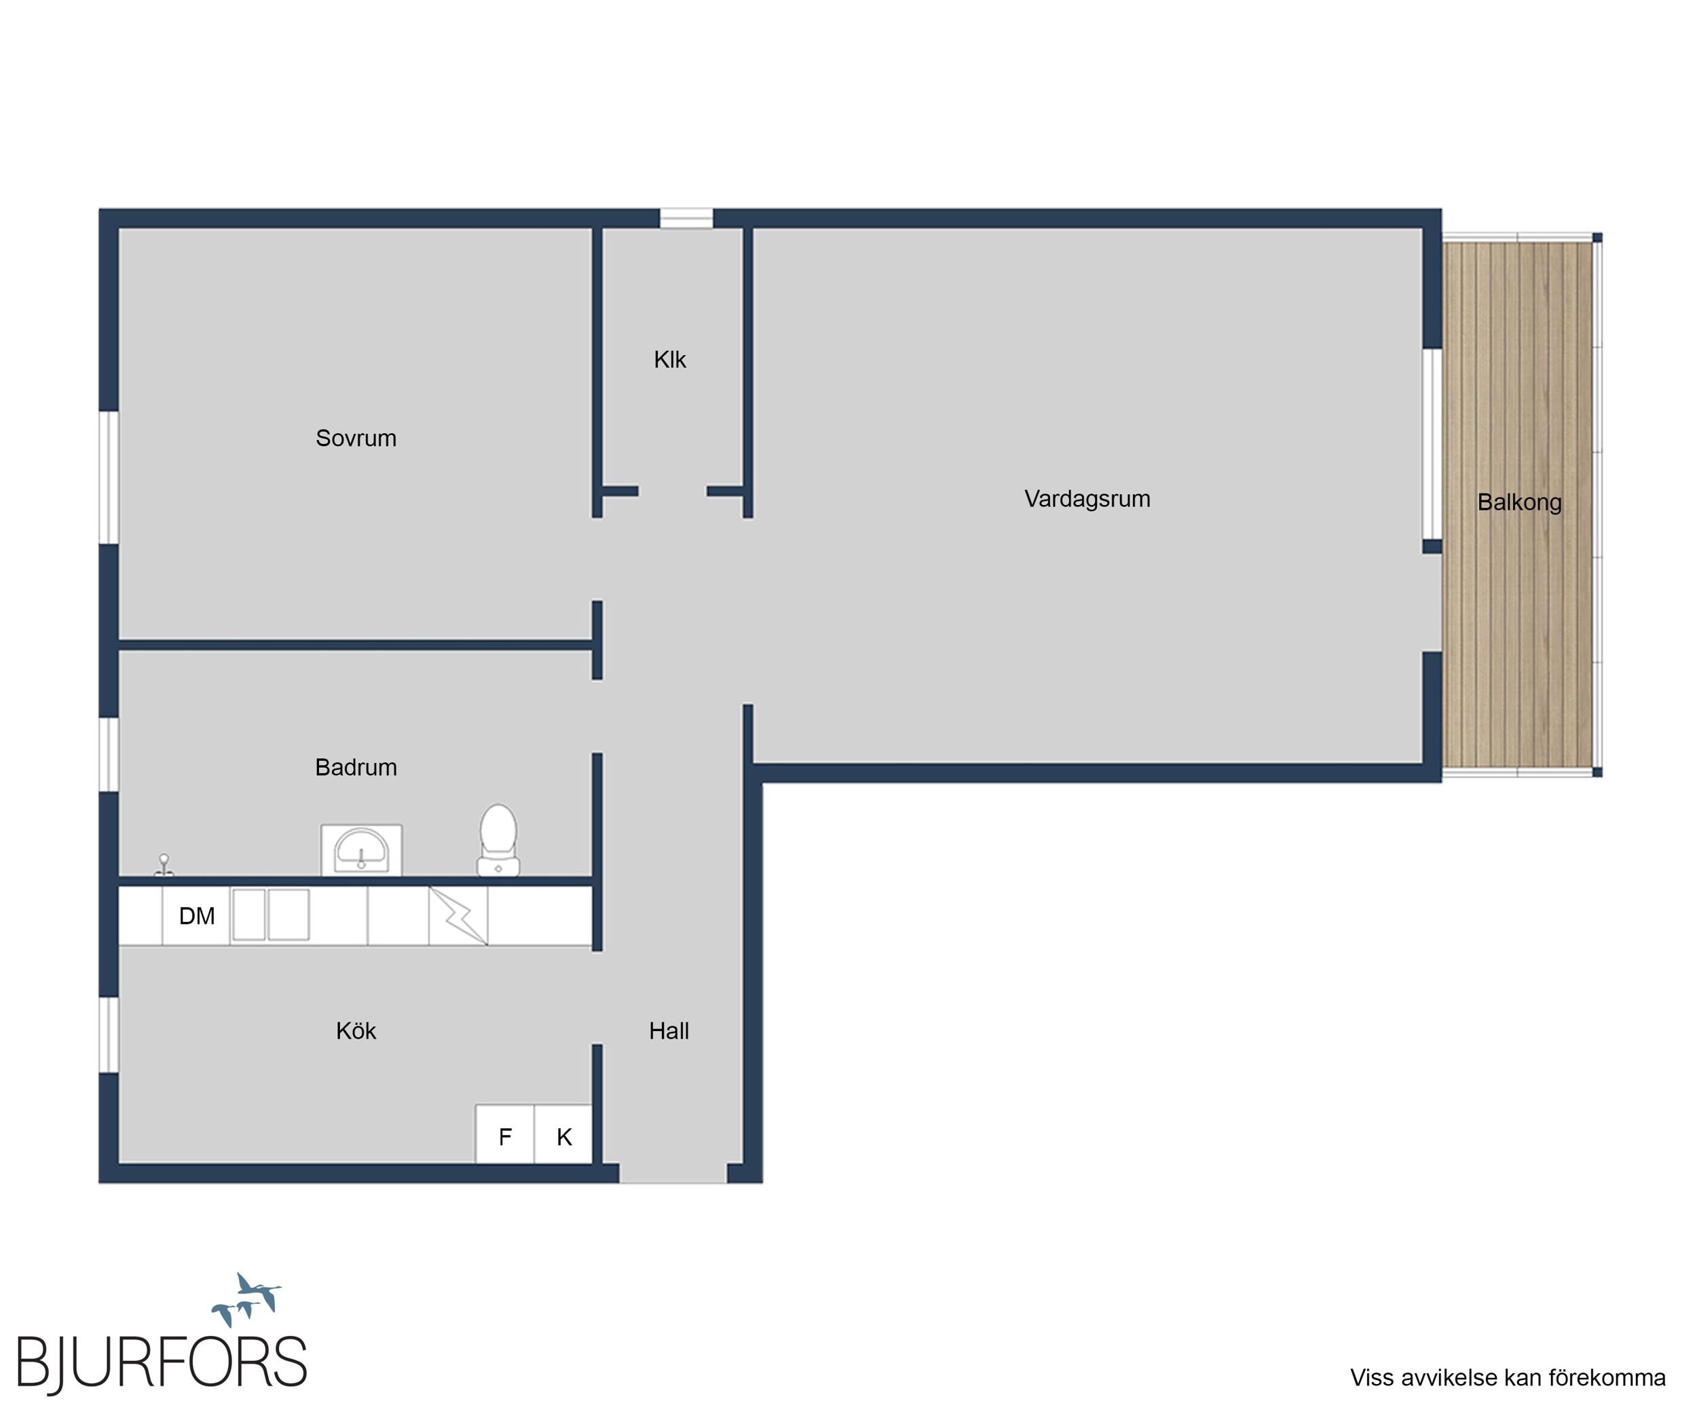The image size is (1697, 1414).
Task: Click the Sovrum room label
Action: (x=356, y=438)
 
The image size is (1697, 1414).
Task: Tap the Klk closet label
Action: (x=670, y=360)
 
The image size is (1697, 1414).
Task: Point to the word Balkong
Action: (x=1519, y=502)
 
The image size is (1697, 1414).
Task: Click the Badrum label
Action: (x=356, y=767)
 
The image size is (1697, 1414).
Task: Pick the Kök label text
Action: (x=356, y=1031)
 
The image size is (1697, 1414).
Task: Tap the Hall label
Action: (x=669, y=1031)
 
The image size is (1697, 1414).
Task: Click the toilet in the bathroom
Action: (x=499, y=840)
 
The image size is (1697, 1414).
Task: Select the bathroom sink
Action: (x=361, y=850)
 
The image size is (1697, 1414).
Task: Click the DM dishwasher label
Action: (x=196, y=916)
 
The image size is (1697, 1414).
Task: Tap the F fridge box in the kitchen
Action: (x=504, y=1134)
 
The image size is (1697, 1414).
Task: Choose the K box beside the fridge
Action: (x=563, y=1134)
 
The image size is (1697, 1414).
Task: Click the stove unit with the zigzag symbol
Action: (x=458, y=916)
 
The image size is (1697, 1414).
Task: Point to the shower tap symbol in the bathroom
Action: (x=163, y=866)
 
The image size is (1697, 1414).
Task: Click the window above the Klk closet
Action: (x=686, y=218)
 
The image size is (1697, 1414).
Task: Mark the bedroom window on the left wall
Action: (x=109, y=477)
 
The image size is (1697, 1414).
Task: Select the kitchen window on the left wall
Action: (x=109, y=1035)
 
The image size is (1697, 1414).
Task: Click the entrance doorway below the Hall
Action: (x=673, y=1174)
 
